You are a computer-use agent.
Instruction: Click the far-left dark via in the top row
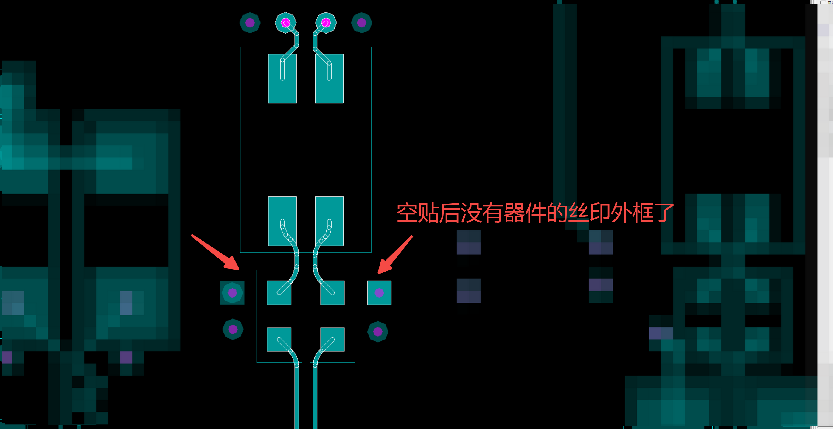pyautogui.click(x=250, y=23)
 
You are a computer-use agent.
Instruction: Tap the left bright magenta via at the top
pyautogui.click(x=285, y=23)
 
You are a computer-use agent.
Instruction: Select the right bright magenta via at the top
pyautogui.click(x=326, y=23)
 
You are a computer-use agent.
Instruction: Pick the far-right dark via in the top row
pyautogui.click(x=361, y=23)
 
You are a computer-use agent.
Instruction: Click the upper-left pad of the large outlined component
pyautogui.click(x=282, y=79)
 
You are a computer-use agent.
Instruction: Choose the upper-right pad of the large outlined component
pyautogui.click(x=329, y=79)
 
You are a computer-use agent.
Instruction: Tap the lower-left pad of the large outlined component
pyautogui.click(x=282, y=221)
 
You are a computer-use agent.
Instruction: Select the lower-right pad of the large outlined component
pyautogui.click(x=329, y=221)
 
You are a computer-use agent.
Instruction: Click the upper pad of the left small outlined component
pyautogui.click(x=279, y=293)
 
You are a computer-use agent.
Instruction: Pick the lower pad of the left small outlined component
pyautogui.click(x=279, y=339)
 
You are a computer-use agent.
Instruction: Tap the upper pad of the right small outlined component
pyautogui.click(x=332, y=293)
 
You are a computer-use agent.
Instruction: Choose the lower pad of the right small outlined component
pyautogui.click(x=332, y=339)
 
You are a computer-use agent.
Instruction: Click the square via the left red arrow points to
pyautogui.click(x=232, y=293)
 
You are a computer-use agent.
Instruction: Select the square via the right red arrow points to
pyautogui.click(x=379, y=293)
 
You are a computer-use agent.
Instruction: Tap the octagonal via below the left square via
pyautogui.click(x=233, y=329)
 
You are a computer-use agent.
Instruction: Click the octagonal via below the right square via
pyautogui.click(x=378, y=332)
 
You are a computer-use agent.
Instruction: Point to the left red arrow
pyautogui.click(x=215, y=252)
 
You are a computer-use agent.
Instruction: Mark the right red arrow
pyautogui.click(x=395, y=255)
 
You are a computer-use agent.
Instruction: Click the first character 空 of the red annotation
pyautogui.click(x=407, y=213)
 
